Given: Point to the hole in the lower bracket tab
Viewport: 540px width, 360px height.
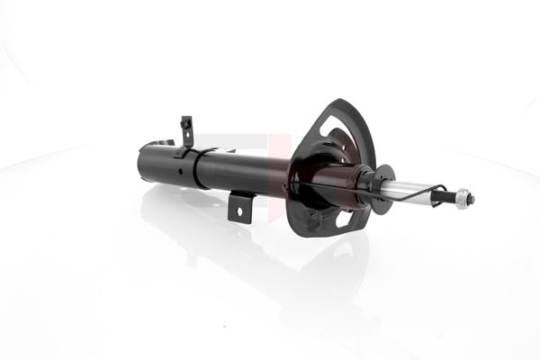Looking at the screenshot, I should [x=239, y=211].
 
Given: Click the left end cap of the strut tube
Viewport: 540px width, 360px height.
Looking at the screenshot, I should [x=144, y=161].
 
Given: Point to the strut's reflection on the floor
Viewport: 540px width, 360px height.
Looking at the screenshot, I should [x=270, y=270].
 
